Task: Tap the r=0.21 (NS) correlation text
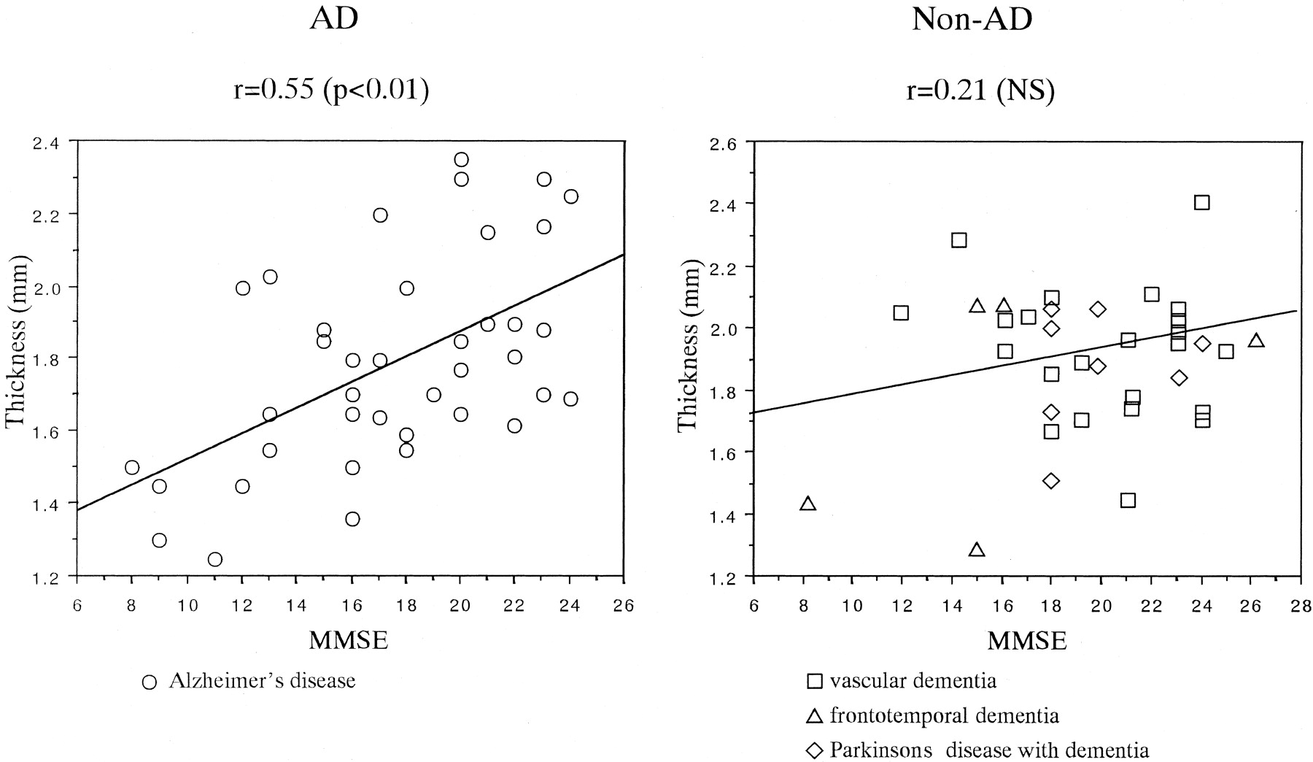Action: click(x=980, y=92)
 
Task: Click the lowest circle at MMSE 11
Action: click(x=214, y=560)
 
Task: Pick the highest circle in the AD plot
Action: click(x=461, y=160)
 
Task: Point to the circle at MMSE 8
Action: click(x=132, y=468)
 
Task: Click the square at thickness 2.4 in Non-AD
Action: click(x=1202, y=203)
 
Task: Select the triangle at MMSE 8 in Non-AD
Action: click(x=807, y=504)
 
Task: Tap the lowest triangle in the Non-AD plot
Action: click(x=977, y=550)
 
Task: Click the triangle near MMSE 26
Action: click(x=1255, y=341)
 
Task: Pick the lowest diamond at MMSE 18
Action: click(x=1051, y=481)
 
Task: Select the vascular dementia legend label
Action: click(x=913, y=682)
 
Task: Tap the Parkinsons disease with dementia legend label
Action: click(x=989, y=750)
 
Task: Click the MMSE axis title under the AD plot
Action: click(x=349, y=640)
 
